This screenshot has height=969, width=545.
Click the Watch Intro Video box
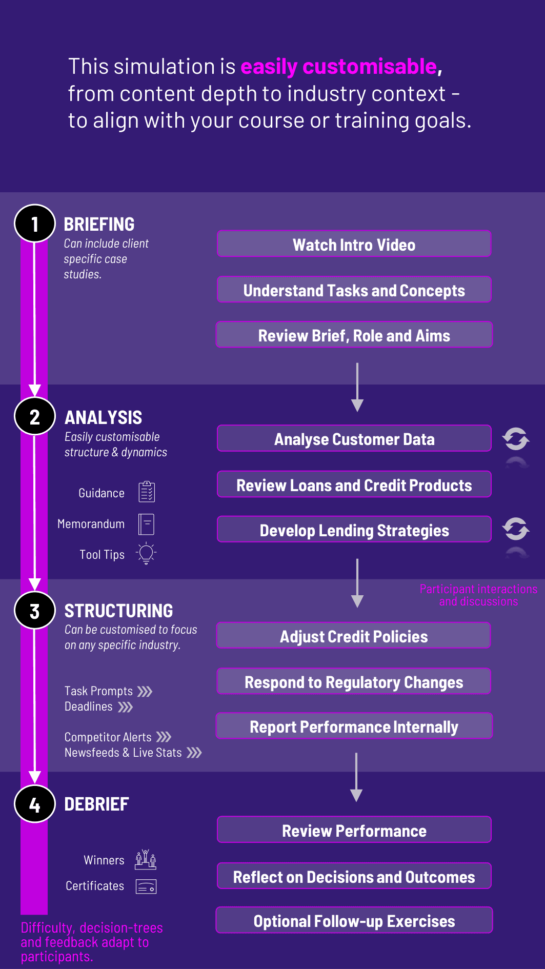(x=354, y=244)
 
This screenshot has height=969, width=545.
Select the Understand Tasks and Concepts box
(x=354, y=290)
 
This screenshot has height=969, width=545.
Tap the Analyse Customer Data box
(x=354, y=438)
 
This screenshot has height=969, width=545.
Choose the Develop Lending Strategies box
(x=354, y=530)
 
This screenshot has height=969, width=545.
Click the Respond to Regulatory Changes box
(x=354, y=681)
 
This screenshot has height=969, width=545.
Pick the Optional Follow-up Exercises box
(x=354, y=920)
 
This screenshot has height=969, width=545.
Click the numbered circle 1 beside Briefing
(x=35, y=224)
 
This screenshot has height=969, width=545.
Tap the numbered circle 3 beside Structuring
(x=35, y=610)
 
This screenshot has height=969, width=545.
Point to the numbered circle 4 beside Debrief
(x=35, y=804)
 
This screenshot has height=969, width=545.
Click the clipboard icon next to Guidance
(x=147, y=492)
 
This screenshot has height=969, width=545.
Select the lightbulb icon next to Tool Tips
(x=146, y=553)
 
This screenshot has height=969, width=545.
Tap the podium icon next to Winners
(x=146, y=859)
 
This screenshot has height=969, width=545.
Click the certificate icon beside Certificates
(x=146, y=886)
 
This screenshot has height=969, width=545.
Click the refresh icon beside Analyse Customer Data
(x=516, y=439)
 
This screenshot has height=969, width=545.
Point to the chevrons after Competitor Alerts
(x=164, y=737)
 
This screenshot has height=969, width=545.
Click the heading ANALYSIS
(x=104, y=417)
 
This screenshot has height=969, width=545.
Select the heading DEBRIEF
(x=96, y=804)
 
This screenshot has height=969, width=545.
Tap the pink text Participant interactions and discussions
(x=478, y=595)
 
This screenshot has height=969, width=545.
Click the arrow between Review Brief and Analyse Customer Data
(x=357, y=387)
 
